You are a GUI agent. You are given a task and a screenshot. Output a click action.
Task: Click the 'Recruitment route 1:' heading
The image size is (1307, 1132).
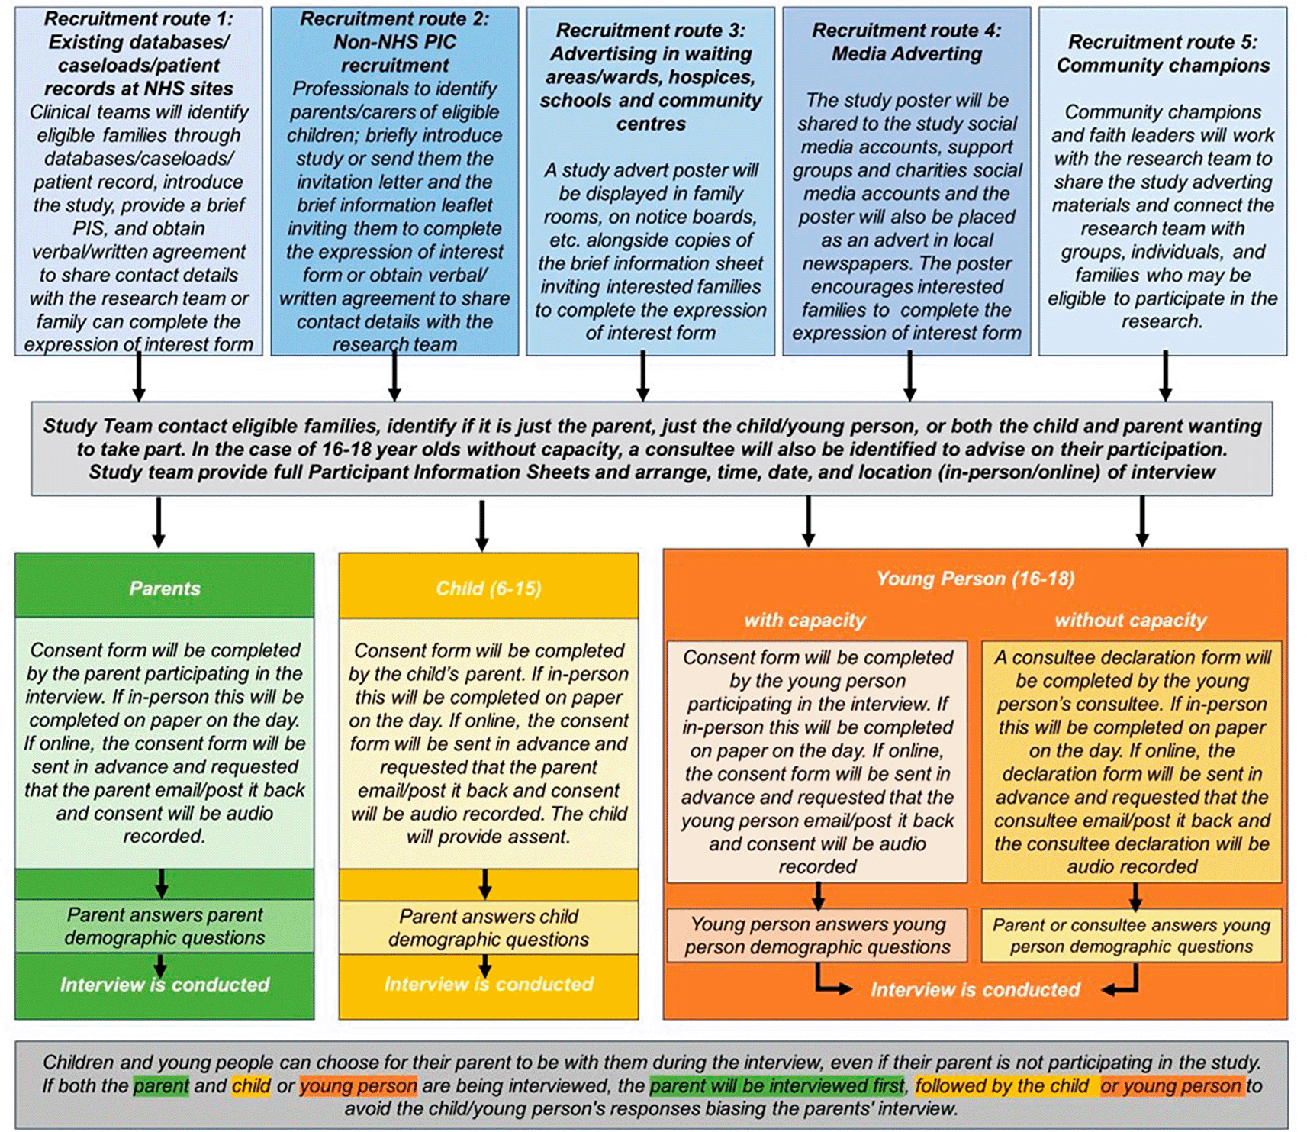click(x=138, y=18)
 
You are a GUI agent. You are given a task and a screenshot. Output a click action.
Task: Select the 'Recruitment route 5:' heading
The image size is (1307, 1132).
click(x=1162, y=42)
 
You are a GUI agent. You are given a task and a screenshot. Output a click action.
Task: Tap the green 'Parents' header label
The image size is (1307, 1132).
click(x=164, y=589)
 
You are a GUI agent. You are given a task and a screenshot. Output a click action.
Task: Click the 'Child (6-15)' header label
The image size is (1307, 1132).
click(x=488, y=589)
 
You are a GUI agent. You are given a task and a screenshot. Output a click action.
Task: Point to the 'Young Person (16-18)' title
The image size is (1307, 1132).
click(x=975, y=579)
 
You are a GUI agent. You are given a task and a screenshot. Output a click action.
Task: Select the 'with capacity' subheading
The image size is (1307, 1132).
click(x=805, y=620)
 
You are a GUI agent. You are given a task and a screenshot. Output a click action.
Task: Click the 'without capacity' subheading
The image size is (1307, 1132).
click(x=1131, y=620)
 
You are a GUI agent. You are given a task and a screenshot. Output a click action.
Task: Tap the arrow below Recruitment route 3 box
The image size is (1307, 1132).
click(x=643, y=376)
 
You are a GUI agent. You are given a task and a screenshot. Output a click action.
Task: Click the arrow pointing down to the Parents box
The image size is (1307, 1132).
click(x=159, y=522)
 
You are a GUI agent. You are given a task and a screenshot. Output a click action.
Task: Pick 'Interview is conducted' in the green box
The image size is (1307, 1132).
click(x=164, y=985)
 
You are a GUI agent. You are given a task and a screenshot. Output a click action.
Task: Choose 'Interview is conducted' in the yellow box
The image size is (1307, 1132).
click(x=488, y=984)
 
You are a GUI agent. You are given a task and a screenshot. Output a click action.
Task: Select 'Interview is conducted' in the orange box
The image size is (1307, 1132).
click(x=975, y=990)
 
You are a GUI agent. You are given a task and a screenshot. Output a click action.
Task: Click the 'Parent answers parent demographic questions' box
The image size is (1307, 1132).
click(x=164, y=926)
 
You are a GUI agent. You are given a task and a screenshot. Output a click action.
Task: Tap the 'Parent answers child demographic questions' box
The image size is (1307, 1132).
click(x=488, y=927)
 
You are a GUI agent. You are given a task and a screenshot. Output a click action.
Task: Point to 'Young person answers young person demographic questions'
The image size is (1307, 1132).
click(x=817, y=935)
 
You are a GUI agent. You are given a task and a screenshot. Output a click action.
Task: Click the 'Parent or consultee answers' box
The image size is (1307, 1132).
click(x=1132, y=935)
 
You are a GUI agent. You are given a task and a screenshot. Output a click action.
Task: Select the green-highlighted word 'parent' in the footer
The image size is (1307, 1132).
click(x=161, y=1085)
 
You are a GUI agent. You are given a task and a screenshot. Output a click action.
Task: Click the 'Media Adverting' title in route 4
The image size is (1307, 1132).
click(x=906, y=53)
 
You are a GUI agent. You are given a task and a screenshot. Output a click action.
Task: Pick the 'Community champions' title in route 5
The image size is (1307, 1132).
click(x=1163, y=66)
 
